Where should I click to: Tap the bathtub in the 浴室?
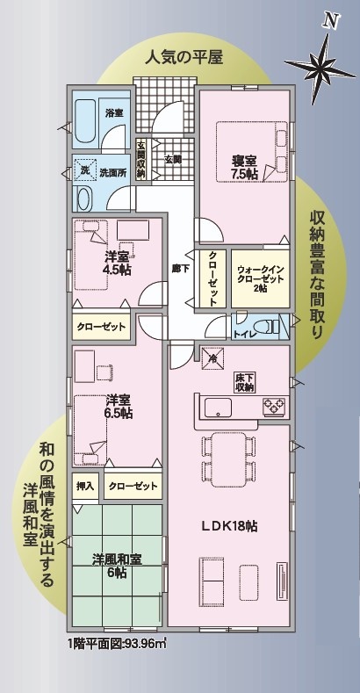[x=85, y=120]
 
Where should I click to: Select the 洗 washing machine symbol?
[x=83, y=170]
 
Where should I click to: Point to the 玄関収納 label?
[x=141, y=160]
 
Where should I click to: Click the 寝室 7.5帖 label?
[x=243, y=167]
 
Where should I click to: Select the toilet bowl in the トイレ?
[x=269, y=327]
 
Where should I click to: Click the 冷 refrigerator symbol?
[x=212, y=358]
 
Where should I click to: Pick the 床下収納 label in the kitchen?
[x=243, y=383]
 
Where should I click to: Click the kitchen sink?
[x=218, y=407]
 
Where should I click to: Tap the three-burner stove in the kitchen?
[x=274, y=406]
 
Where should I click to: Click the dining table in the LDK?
[x=228, y=459]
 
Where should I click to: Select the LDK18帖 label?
[x=230, y=526]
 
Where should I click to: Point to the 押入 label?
[x=85, y=487]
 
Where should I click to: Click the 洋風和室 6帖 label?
[x=117, y=566]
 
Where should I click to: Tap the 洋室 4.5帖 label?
[x=118, y=263]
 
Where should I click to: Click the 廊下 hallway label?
[x=179, y=269]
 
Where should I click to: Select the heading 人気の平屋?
[x=184, y=57]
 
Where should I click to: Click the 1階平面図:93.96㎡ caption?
[x=118, y=643]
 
